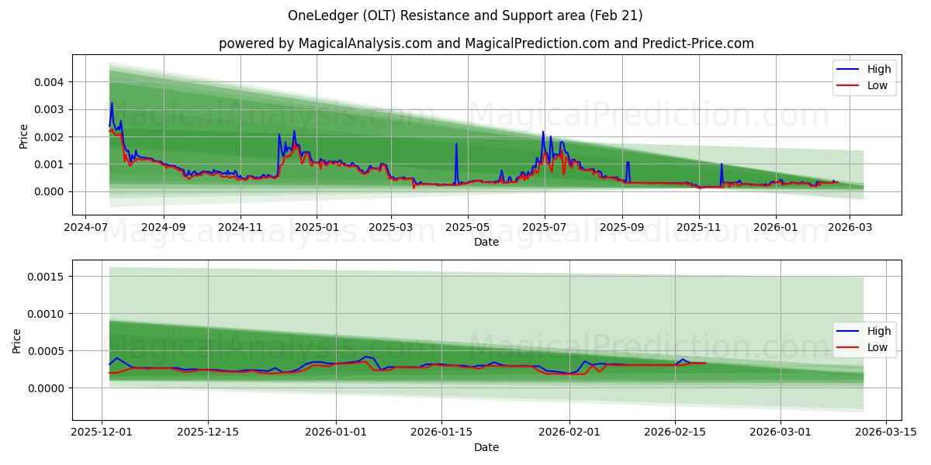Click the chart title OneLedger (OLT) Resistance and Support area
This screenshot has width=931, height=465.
click(465, 15)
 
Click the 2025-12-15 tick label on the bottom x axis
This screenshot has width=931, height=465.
click(207, 432)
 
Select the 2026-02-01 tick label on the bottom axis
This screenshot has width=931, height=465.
click(569, 432)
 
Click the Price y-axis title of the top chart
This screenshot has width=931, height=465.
click(23, 136)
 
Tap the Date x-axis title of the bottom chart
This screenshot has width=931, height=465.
click(486, 447)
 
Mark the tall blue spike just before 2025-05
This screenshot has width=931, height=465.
click(456, 144)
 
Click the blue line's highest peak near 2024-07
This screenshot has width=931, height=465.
click(112, 103)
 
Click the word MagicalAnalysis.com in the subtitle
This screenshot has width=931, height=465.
click(364, 43)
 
